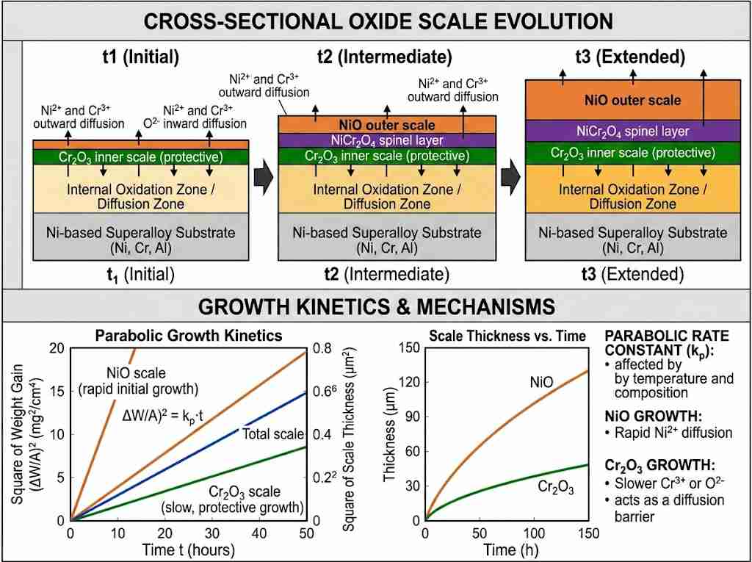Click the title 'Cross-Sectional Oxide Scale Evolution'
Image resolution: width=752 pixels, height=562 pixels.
pyautogui.click(x=376, y=21)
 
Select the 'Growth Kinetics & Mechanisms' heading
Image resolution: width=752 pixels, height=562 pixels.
pyautogui.click(x=376, y=305)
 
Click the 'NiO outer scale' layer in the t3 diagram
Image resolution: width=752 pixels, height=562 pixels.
pyautogui.click(x=632, y=100)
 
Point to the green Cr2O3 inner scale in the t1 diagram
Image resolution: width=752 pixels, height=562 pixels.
pyautogui.click(x=140, y=156)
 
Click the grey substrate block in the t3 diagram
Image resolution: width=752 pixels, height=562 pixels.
pyautogui.click(x=632, y=239)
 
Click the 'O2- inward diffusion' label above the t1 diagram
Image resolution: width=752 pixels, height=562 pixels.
pyautogui.click(x=204, y=117)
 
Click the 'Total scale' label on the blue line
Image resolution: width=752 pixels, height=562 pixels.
pyautogui.click(x=272, y=433)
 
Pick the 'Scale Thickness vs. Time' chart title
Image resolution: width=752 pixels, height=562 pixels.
pyautogui.click(x=507, y=336)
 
